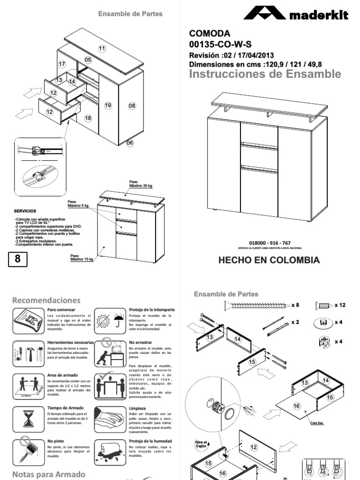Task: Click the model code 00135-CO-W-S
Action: click(x=220, y=45)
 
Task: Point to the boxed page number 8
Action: click(x=17, y=259)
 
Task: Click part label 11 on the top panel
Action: click(x=102, y=49)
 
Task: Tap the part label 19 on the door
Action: click(x=108, y=105)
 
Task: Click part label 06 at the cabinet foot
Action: click(x=130, y=142)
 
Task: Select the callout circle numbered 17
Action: click(x=62, y=64)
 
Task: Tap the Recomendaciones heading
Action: click(x=46, y=300)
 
